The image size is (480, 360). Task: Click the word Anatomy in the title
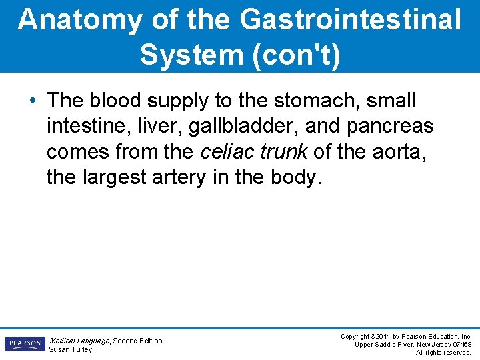click(79, 20)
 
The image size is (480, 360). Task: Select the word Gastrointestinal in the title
click(350, 20)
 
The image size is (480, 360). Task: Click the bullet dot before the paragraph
click(33, 102)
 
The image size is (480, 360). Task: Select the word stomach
click(311, 101)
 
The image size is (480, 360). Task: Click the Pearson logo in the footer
click(24, 344)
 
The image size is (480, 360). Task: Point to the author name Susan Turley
click(71, 350)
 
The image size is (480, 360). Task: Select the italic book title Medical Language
click(79, 341)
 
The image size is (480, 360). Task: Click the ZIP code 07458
click(459, 344)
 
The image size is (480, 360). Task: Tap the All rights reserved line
click(443, 352)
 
